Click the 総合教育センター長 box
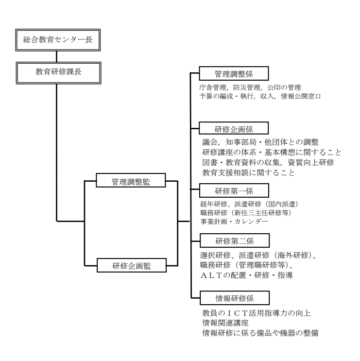coord(58,40)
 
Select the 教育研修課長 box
coord(58,73)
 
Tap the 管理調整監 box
coord(131,180)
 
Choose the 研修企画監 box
coord(132,265)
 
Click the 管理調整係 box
coord(234,73)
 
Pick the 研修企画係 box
coord(234,128)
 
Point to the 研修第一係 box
coord(234,190)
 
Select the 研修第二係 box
coord(235,241)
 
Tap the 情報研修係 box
coord(235,298)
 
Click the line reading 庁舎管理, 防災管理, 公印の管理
coord(250,87)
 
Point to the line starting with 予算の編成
coord(260,96)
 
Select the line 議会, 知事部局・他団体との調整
coord(260,142)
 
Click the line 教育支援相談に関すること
coord(249,172)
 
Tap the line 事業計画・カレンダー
coord(234,222)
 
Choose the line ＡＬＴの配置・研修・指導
coord(246,275)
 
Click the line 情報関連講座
coord(225,323)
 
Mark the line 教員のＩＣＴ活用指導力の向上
coord(257,313)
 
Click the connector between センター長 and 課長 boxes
coord(57,56)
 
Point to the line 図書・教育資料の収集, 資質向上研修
coord(268,163)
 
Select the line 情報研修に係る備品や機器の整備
coord(260,333)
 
